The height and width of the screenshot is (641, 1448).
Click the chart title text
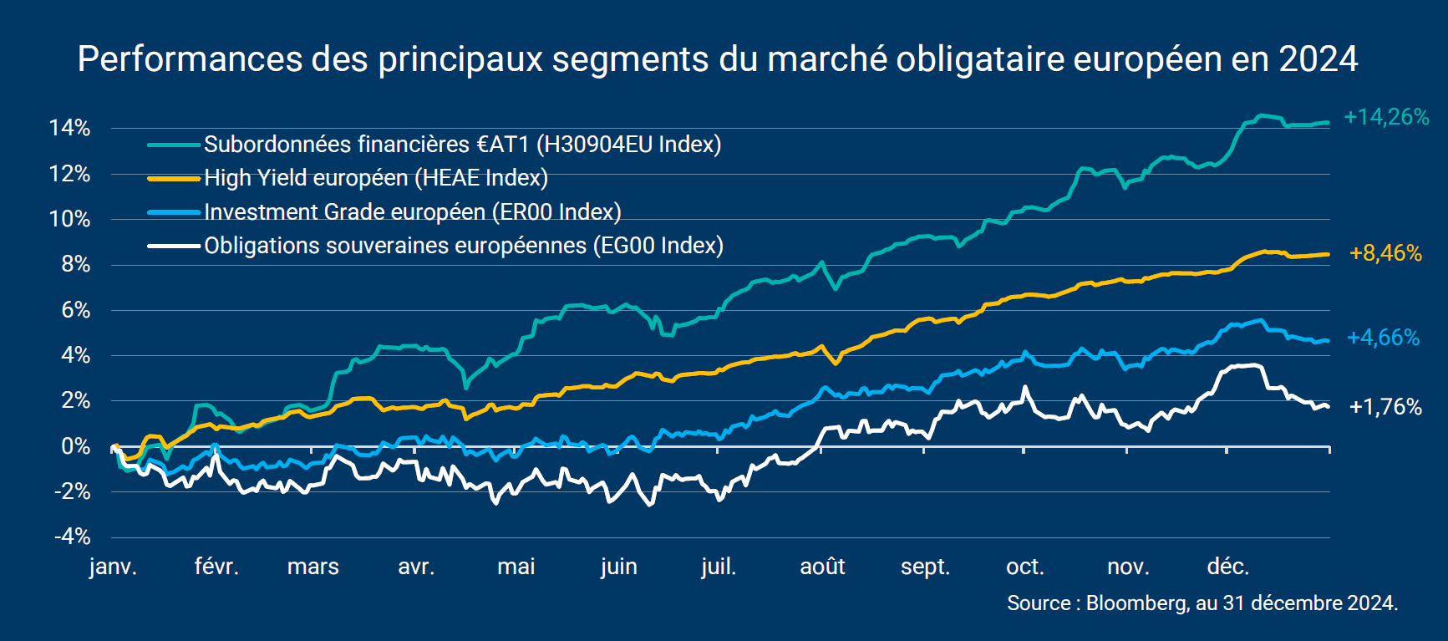pyautogui.click(x=717, y=59)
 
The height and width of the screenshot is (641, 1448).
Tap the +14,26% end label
pyautogui.click(x=1386, y=117)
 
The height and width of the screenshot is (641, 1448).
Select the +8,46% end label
pyautogui.click(x=1385, y=253)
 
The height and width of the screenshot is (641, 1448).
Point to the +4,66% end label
pyautogui.click(x=1383, y=338)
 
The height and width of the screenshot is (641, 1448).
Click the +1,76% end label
pyautogui.click(x=1385, y=407)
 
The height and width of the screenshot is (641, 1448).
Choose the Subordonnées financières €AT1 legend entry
pyautogui.click(x=462, y=145)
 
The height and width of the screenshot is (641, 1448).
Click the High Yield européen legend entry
pyautogui.click(x=376, y=178)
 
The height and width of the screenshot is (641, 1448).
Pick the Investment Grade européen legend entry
pyautogui.click(x=413, y=212)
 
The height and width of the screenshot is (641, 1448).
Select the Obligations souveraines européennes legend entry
pyautogui.click(x=464, y=246)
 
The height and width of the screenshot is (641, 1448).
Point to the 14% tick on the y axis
pyautogui.click(x=69, y=129)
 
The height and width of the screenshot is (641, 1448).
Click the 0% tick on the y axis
pyautogui.click(x=75, y=446)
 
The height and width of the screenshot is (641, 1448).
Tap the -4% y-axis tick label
pyautogui.click(x=72, y=537)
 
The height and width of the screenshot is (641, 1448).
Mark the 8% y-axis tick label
pyautogui.click(x=75, y=265)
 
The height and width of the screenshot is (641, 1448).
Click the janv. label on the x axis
pyautogui.click(x=113, y=567)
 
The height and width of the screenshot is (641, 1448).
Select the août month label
pyautogui.click(x=822, y=567)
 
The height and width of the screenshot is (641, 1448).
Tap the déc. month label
pyautogui.click(x=1227, y=567)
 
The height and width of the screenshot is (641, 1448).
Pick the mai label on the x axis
pyautogui.click(x=516, y=567)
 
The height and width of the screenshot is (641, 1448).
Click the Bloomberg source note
pyautogui.click(x=1202, y=603)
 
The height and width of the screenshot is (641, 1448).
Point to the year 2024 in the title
pyautogui.click(x=1318, y=59)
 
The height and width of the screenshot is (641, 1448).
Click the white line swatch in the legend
pyautogui.click(x=174, y=246)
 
